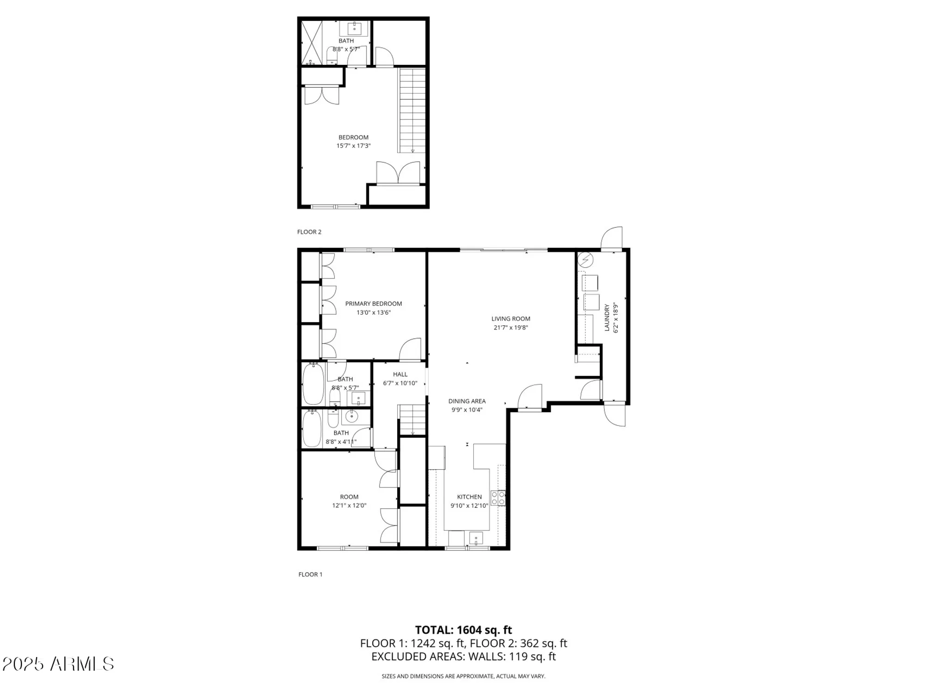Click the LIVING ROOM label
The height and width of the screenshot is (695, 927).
(x=510, y=319)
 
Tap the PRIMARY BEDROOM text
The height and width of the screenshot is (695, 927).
(x=373, y=304)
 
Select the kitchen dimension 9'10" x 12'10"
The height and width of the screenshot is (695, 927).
(x=469, y=506)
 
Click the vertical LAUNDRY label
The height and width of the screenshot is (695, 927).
(x=607, y=317)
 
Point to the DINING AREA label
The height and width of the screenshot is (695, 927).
(x=467, y=401)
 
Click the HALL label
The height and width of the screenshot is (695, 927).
(x=400, y=374)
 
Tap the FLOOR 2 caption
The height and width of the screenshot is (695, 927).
(x=309, y=232)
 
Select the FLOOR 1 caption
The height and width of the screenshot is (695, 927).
(x=310, y=575)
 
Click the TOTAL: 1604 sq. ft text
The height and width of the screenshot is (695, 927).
(x=463, y=630)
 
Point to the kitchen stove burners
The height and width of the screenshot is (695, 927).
(x=498, y=499)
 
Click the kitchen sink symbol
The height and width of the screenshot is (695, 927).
(x=476, y=538)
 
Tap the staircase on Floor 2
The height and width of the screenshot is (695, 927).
(x=412, y=110)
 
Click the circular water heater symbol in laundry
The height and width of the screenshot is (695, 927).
(x=586, y=260)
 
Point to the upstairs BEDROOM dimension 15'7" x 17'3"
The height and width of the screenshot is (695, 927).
(x=353, y=146)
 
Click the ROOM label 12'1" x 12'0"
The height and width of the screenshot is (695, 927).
(x=349, y=497)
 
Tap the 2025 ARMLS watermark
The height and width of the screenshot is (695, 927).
(x=58, y=664)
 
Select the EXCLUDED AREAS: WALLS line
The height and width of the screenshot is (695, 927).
(x=463, y=657)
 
